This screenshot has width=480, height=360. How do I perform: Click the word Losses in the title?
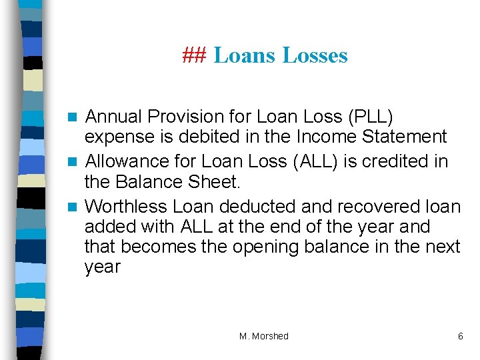315,55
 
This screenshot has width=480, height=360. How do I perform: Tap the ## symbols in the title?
195,55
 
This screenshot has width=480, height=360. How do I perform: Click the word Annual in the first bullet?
114,117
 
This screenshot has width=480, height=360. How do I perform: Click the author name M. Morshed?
264,336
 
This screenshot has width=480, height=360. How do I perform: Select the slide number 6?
460,336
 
